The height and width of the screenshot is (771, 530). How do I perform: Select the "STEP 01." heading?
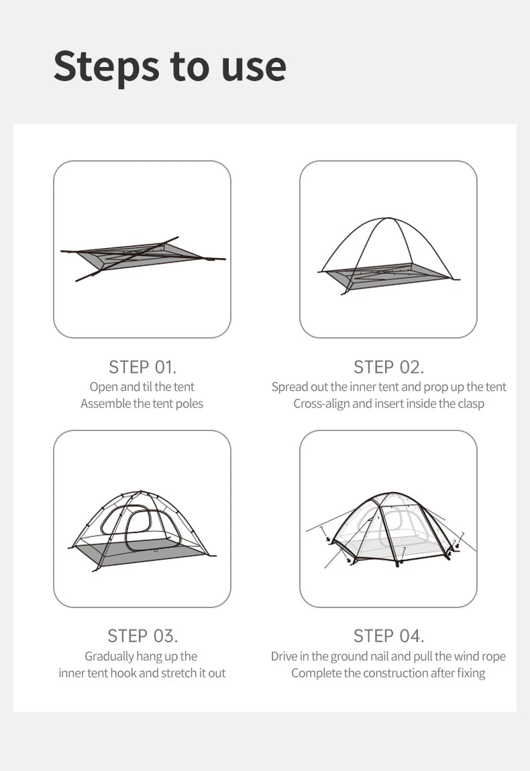142,367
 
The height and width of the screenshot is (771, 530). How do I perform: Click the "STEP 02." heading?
388,367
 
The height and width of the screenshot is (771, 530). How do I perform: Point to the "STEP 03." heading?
142,636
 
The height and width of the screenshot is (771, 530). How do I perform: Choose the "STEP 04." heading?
388,636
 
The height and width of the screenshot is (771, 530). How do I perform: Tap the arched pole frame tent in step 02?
388,255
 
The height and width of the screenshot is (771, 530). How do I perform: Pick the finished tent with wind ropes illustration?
388,530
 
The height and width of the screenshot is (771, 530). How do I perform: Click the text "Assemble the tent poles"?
142,404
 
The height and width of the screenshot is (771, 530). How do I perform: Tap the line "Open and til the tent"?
142,387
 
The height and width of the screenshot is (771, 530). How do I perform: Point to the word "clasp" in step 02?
470,404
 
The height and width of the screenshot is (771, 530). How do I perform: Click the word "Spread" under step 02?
289,387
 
